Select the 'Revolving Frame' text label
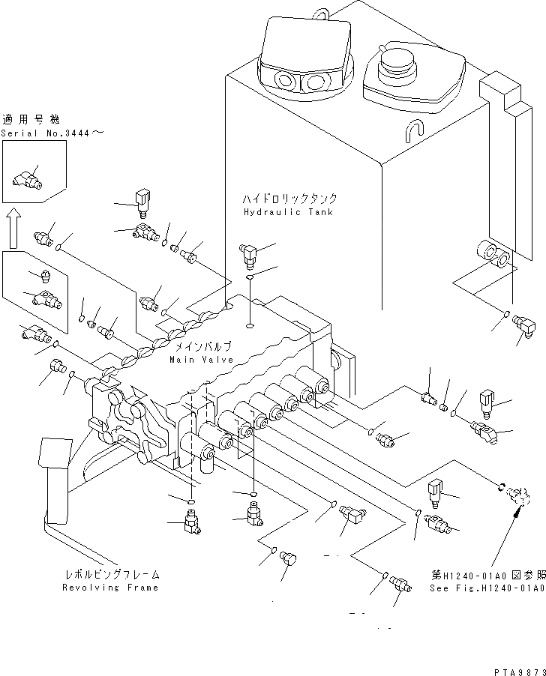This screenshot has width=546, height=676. (111, 588)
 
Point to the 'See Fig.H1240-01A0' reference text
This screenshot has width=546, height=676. (488, 588)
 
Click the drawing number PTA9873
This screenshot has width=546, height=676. (517, 668)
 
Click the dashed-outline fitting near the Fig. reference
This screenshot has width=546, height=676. (518, 495)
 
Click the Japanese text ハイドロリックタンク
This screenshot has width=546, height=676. (289, 199)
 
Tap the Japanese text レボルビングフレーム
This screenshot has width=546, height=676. (112, 575)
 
